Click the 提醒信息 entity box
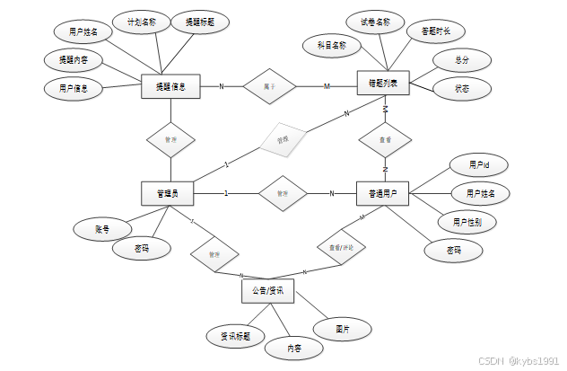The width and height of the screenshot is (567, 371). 170,86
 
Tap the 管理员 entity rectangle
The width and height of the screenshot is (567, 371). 168,193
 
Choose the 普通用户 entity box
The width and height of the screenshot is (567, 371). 383,193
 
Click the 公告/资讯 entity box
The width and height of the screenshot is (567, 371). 267,291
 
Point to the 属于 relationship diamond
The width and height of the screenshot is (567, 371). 269,86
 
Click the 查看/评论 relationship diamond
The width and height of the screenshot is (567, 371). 340,244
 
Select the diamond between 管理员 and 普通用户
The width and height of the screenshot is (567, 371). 282,193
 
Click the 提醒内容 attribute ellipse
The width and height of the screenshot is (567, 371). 74,60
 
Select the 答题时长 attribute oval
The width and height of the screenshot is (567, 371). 430,31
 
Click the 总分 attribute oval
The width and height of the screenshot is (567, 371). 461,60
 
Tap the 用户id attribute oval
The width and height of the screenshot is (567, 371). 479,165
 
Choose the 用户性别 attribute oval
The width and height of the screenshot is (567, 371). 467,221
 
